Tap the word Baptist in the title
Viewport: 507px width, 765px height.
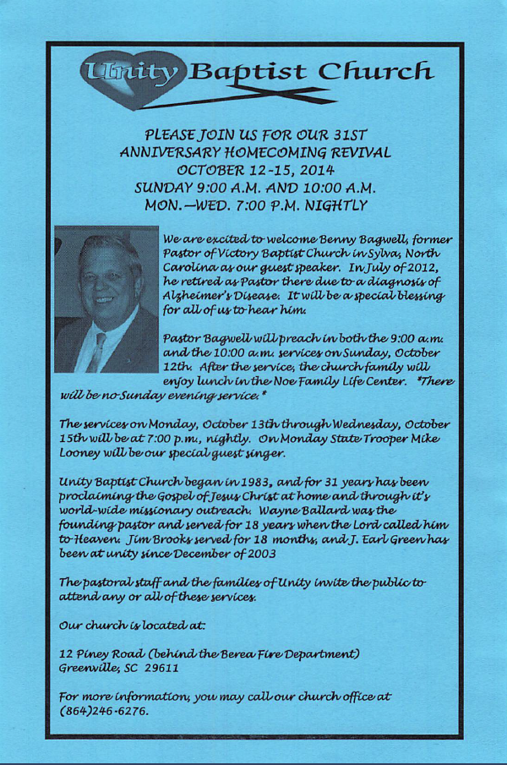click(x=248, y=74)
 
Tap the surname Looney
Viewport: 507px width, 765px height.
click(x=84, y=454)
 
